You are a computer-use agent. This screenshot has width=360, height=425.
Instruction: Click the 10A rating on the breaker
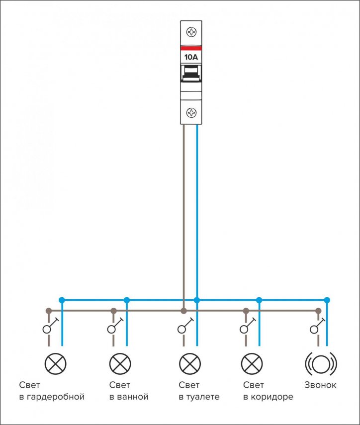pyautogui.click(x=191, y=57)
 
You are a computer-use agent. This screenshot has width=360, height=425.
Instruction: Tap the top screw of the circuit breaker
pyautogui.click(x=191, y=32)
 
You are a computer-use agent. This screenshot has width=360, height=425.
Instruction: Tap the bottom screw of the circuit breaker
pyautogui.click(x=191, y=112)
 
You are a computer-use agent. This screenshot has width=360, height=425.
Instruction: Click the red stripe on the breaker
pyautogui.click(x=191, y=48)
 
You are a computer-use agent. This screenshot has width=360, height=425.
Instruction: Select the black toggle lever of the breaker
pyautogui.click(x=191, y=74)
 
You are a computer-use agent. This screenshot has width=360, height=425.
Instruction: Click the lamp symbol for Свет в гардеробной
pyautogui.click(x=55, y=364)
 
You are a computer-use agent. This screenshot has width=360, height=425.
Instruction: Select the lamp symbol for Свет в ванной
pyautogui.click(x=120, y=364)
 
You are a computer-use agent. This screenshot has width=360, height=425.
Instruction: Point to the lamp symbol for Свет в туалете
pyautogui.click(x=190, y=364)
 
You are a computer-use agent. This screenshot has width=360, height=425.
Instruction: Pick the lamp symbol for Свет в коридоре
pyautogui.click(x=252, y=364)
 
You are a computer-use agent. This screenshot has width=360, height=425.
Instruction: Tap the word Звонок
pyautogui.click(x=320, y=385)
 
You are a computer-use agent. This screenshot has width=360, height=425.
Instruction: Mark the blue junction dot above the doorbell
pyautogui.click(x=327, y=300)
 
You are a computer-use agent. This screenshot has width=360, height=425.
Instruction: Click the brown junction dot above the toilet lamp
pyautogui.click(x=184, y=311)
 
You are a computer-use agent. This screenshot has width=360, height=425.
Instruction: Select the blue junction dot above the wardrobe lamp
pyautogui.click(x=62, y=300)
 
